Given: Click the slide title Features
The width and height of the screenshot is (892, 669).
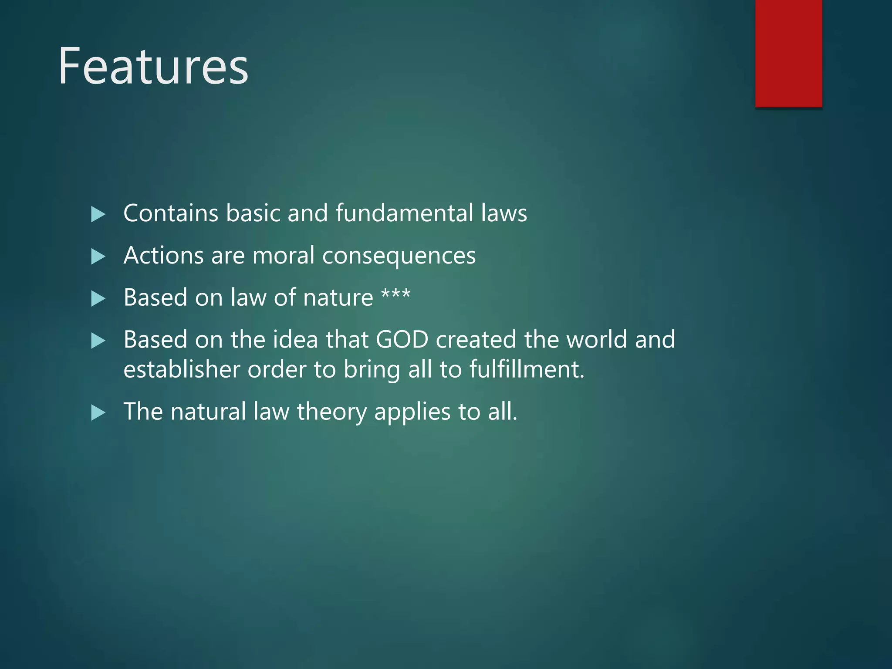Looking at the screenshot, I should pos(153,66).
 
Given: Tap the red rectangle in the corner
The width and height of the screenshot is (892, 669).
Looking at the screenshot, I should pos(788,53).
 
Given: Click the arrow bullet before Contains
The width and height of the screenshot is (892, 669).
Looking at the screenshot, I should pos(98,214).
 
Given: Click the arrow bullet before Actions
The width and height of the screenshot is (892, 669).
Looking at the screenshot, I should pos(98,257).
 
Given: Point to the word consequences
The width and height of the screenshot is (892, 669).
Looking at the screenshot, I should pos(399,256).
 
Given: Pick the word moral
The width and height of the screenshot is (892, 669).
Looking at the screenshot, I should pos(283,255).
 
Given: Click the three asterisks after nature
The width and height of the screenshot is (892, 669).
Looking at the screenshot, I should pos(395,294).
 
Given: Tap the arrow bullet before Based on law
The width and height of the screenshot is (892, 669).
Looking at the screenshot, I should pos(98,299).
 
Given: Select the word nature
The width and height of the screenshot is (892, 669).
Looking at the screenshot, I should pos(338,298).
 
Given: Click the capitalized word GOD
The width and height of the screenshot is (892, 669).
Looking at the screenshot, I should pos(402,340).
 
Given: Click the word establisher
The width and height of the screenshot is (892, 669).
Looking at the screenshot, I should pos(182,369).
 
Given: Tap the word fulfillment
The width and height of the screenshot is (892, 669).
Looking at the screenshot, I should pos(526,369).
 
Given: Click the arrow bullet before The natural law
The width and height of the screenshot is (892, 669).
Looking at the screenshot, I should pos(98,412).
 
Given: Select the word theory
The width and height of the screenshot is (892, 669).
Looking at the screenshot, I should pos(331,412).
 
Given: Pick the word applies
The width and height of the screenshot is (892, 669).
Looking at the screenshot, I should pos(412,412).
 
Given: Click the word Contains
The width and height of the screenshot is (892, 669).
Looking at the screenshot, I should pos(171,213).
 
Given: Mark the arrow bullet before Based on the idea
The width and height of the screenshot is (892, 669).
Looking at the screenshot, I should pos(98,341).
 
